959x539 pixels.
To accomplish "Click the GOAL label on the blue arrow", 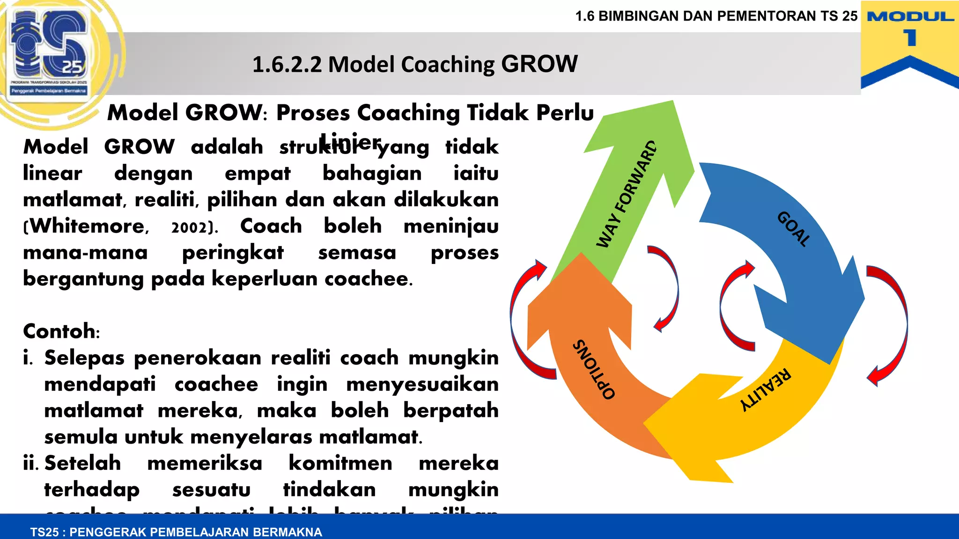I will tap(793, 229).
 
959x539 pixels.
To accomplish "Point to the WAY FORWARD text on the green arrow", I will tap(626, 194).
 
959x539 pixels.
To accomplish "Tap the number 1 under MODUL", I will tap(910, 38).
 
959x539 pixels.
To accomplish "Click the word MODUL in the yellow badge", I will tap(910, 17).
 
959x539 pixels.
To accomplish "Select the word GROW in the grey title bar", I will tap(539, 64).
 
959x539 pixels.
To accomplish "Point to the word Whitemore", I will tap(88, 226).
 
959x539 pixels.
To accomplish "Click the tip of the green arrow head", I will tap(673, 103).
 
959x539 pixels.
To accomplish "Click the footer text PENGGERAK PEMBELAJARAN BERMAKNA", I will tap(195, 532).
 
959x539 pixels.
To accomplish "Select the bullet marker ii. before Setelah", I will tap(31, 464).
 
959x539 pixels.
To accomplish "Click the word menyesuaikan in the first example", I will tap(422, 385).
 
